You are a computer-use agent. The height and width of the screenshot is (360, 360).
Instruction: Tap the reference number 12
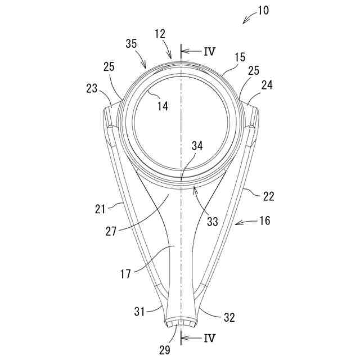tap(160, 35)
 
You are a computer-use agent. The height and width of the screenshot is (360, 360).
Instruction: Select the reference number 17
tap(126, 274)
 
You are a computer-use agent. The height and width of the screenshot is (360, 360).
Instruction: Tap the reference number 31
tap(140, 310)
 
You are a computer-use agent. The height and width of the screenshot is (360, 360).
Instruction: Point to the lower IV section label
tap(208, 338)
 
